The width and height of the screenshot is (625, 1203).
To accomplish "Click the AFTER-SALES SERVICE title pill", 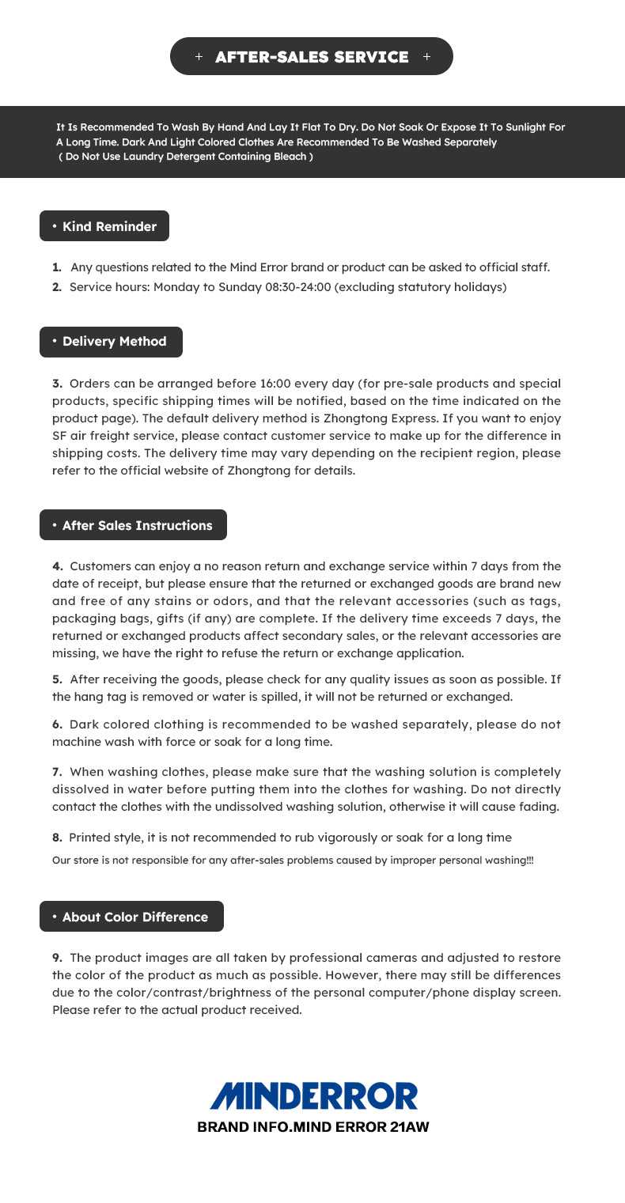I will tap(312, 56).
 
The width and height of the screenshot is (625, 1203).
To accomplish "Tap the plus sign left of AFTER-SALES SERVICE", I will tap(199, 57).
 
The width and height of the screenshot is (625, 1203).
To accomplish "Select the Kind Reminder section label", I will tap(104, 226).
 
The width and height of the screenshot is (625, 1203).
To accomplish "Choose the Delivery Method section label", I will tap(111, 342).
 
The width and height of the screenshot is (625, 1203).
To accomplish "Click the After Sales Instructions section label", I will tap(133, 525).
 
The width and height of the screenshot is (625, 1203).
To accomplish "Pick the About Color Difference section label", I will tap(131, 917).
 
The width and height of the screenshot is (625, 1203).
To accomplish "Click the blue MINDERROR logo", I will tap(313, 1096).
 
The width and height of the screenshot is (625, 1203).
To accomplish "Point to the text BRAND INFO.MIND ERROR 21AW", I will tap(313, 1127).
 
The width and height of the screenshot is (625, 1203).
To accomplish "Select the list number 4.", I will tap(57, 566).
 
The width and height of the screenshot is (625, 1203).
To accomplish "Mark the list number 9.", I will tap(57, 958).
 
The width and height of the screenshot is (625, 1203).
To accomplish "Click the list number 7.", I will tap(57, 772).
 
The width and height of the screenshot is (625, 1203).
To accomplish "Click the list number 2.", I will tap(57, 287).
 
